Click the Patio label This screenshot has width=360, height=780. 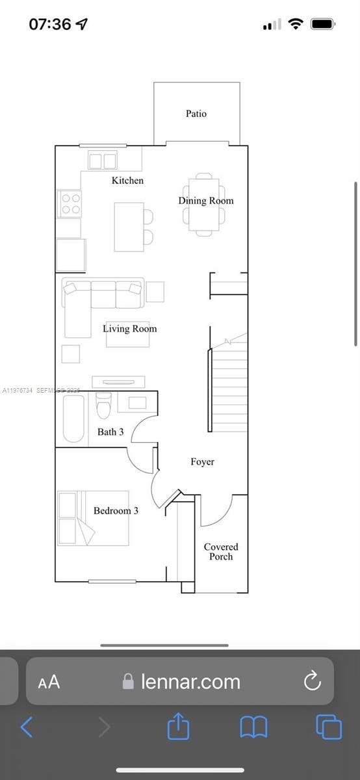pyautogui.click(x=196, y=114)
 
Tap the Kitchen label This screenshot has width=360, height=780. pyautogui.click(x=127, y=180)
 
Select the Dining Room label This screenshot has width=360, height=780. pyautogui.click(x=205, y=200)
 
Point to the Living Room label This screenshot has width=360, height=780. pyautogui.click(x=129, y=328)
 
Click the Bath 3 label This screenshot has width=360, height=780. pyautogui.click(x=110, y=432)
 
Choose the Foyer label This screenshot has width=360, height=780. pyautogui.click(x=202, y=461)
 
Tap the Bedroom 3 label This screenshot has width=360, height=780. pyautogui.click(x=116, y=510)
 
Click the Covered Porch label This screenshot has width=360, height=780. pyautogui.click(x=221, y=551)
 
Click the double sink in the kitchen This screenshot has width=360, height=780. pyautogui.click(x=103, y=160)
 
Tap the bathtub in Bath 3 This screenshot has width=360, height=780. pyautogui.click(x=73, y=418)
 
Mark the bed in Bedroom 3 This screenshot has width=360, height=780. pyautogui.click(x=92, y=518)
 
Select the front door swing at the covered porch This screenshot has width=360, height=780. pyautogui.click(x=216, y=510)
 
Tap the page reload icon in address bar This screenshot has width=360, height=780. pyautogui.click(x=313, y=681)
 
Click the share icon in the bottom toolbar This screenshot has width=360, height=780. pyautogui.click(x=179, y=726)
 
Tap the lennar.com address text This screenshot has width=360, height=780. pyautogui.click(x=190, y=681)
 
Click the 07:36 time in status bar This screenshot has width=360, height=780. pyautogui.click(x=50, y=24)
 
